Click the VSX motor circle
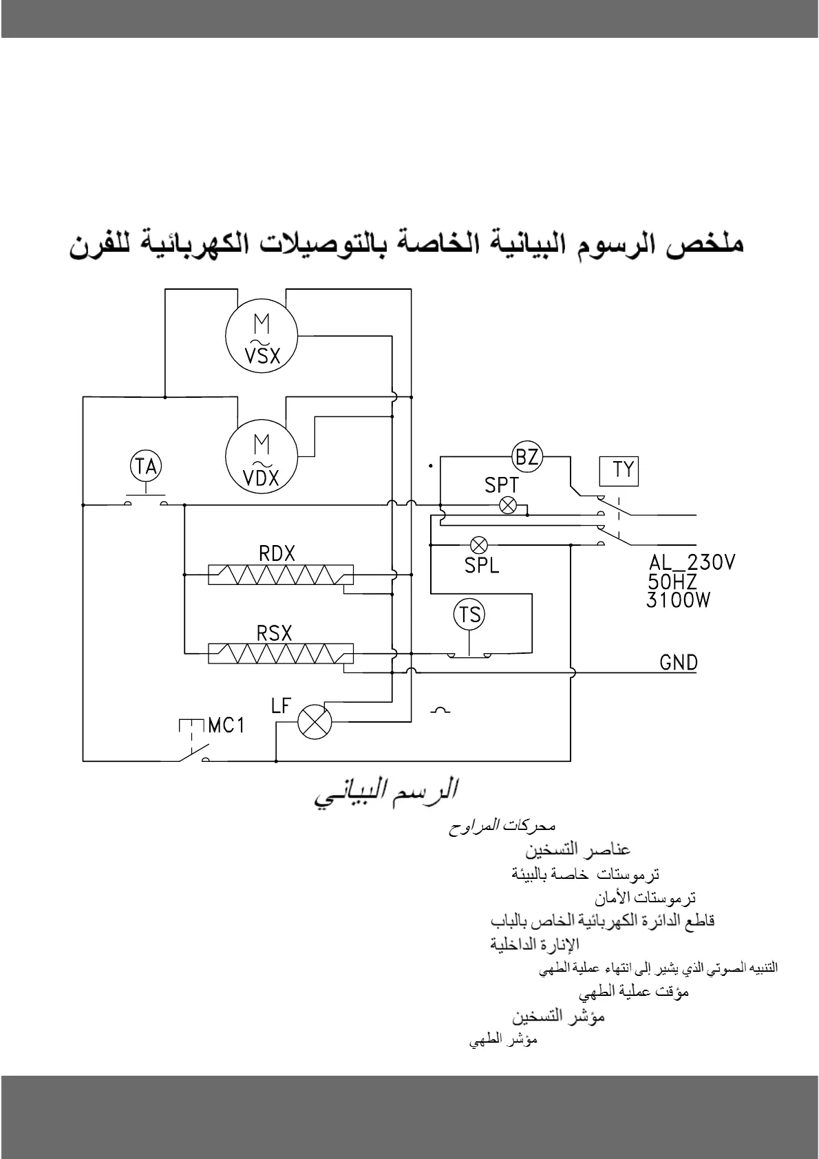(262, 335)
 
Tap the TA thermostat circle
(146, 467)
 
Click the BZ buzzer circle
(527, 456)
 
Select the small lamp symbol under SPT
(509, 506)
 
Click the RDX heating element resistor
(281, 575)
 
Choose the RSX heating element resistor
(281, 653)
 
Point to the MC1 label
(226, 725)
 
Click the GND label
(679, 663)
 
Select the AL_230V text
(692, 563)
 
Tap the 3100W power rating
(678, 600)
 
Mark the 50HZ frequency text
(672, 582)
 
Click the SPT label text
(501, 485)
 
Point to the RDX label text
(277, 554)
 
